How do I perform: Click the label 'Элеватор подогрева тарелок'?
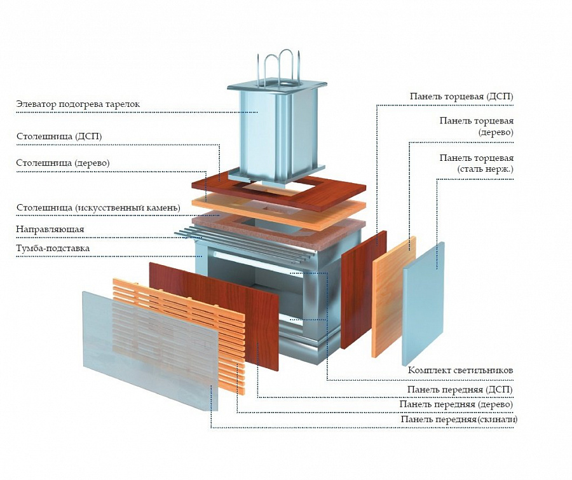pyautogui.click(x=78, y=104)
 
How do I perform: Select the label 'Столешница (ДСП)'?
pyautogui.click(x=58, y=137)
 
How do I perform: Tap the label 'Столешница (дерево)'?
pyautogui.click(x=62, y=163)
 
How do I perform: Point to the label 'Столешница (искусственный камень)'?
pyautogui.click(x=98, y=208)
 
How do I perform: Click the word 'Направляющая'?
pyautogui.click(x=50, y=229)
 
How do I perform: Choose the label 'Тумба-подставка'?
pyautogui.click(x=53, y=247)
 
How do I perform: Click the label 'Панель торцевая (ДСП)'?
pyautogui.click(x=461, y=97)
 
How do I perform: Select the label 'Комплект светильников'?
pyautogui.click(x=460, y=370)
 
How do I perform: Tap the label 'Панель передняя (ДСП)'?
pyautogui.click(x=460, y=389)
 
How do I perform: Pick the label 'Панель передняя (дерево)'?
pyautogui.click(x=456, y=404)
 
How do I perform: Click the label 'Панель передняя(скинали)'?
pyautogui.click(x=458, y=420)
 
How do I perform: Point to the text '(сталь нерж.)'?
pyautogui.click(x=485, y=169)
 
